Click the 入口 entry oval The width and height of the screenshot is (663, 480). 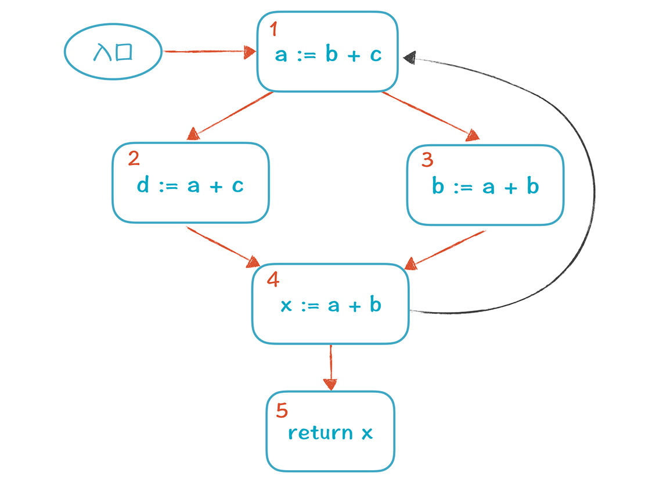pyautogui.click(x=113, y=52)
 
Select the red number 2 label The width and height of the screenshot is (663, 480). pyautogui.click(x=134, y=158)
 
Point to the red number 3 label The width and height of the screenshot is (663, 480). pyautogui.click(x=427, y=160)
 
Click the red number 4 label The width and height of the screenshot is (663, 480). pyautogui.click(x=273, y=280)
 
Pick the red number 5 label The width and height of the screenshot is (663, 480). pyautogui.click(x=282, y=410)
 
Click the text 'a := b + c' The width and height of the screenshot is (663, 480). pyautogui.click(x=329, y=54)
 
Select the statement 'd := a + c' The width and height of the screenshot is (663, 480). pyautogui.click(x=190, y=185)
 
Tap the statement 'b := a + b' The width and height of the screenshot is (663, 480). pyautogui.click(x=485, y=186)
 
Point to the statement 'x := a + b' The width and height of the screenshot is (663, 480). pyautogui.click(x=331, y=305)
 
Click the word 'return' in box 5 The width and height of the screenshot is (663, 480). pyautogui.click(x=320, y=432)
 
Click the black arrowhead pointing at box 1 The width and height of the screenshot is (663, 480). pyautogui.click(x=409, y=57)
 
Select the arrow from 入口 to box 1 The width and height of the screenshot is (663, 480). pyautogui.click(x=210, y=52)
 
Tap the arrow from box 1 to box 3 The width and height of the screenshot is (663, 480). pyautogui.click(x=430, y=116)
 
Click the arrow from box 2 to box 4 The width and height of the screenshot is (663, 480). pyautogui.click(x=224, y=247)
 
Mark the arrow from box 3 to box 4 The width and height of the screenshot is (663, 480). pyautogui.click(x=445, y=250)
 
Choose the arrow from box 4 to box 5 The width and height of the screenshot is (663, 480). pyautogui.click(x=331, y=367)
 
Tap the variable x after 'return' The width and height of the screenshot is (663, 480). pyautogui.click(x=367, y=434)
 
